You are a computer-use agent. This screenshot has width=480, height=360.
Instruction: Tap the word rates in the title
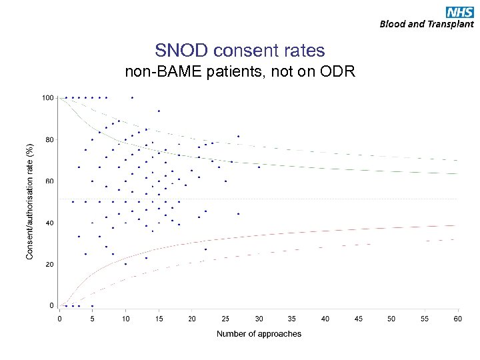[305, 51]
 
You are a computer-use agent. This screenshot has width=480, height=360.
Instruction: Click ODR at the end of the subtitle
[341, 72]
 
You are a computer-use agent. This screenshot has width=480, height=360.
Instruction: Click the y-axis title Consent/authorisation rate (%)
[29, 201]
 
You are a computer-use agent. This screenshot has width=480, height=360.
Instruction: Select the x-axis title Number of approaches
[259, 333]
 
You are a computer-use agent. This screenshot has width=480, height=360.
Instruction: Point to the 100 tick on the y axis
[47, 98]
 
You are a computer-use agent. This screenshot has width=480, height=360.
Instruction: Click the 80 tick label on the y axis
[49, 139]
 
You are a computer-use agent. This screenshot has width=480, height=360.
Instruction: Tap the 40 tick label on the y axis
[49, 223]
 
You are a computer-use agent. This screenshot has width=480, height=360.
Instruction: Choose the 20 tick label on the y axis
[49, 264]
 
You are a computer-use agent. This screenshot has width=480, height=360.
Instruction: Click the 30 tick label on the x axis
[259, 318]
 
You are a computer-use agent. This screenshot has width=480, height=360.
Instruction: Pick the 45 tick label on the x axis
[359, 318]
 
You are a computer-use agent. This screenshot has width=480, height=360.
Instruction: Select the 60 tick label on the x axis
[458, 318]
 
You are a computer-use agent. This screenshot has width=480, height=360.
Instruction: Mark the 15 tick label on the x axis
[159, 318]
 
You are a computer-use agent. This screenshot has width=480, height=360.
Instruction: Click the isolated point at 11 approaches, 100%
[132, 97]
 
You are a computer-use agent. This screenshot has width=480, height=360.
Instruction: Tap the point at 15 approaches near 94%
[159, 111]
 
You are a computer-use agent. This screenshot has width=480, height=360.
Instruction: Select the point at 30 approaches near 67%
[259, 167]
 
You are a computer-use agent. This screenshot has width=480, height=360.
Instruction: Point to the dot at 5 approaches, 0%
[92, 306]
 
